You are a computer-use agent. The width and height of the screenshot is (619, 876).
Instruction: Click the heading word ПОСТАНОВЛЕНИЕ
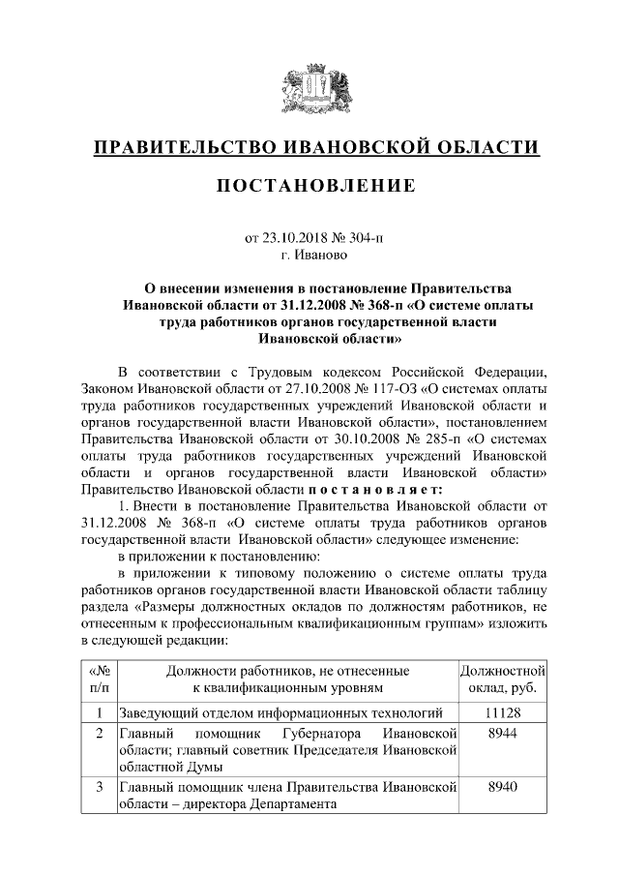(x=315, y=185)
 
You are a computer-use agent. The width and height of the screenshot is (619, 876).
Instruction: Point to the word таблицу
(x=523, y=589)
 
